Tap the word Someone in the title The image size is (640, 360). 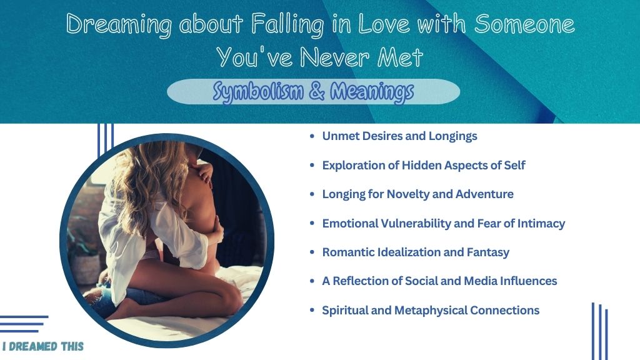pos(524,24)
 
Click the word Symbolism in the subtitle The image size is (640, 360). pos(258,91)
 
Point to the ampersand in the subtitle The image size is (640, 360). pos(317,91)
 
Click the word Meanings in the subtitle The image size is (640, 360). pos(372,92)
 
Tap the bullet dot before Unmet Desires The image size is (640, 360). pos(312,136)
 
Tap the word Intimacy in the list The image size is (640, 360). pos(541,223)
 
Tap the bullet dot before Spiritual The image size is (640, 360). pos(312,311)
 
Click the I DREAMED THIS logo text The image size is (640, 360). pos(43,346)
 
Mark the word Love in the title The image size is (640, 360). pos(383,24)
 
